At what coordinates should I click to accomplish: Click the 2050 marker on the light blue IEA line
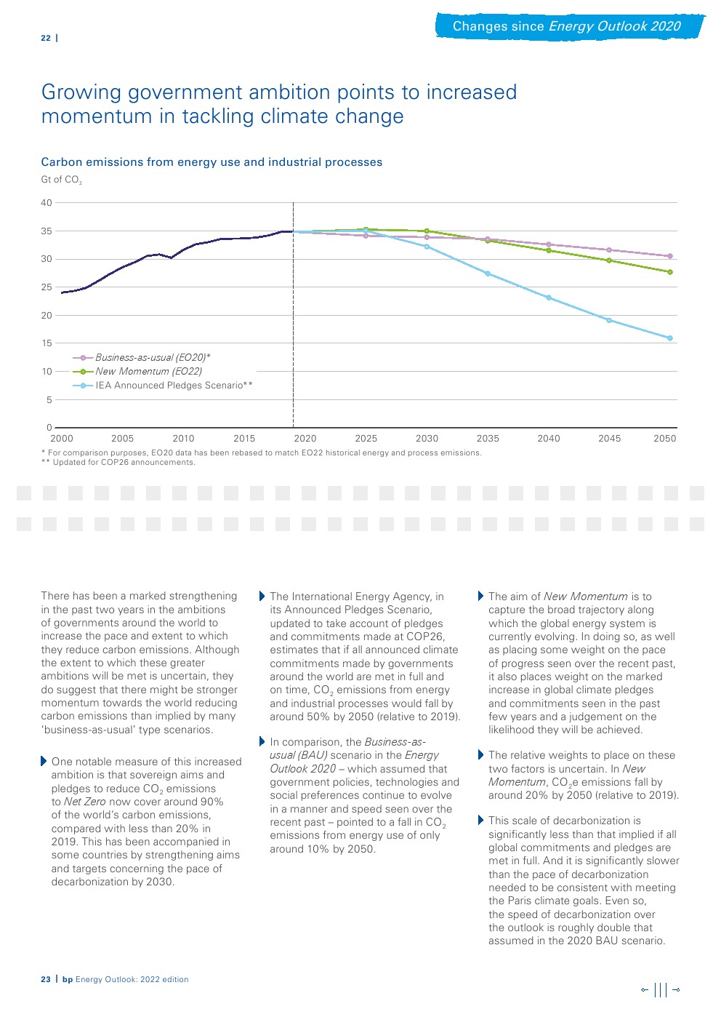coord(670,338)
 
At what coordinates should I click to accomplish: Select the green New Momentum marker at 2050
coord(670,272)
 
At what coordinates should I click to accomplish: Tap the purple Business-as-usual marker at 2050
coord(670,256)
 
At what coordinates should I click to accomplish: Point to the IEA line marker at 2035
coord(488,274)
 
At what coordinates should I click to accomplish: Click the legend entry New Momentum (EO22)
coord(148,372)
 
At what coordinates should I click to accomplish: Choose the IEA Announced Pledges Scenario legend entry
coord(174,386)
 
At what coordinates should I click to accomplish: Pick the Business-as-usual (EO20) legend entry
coord(153,358)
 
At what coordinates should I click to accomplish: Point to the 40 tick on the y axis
coord(47,203)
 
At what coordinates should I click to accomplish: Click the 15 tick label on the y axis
coord(47,343)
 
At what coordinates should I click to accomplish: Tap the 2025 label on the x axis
coord(366,439)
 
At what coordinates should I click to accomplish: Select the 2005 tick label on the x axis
coord(123,439)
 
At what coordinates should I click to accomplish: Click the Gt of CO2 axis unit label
coord(62,180)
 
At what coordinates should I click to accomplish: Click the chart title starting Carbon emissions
coord(212,162)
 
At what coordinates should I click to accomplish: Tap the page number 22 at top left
coord(46,38)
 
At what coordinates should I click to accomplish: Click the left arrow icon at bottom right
coord(645,989)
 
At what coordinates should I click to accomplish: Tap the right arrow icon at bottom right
coord(676,989)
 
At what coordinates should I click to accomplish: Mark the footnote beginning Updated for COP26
coord(124,463)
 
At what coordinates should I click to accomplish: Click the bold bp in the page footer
coord(68,980)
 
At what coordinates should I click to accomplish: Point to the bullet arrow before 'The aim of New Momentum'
coord(480,597)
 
